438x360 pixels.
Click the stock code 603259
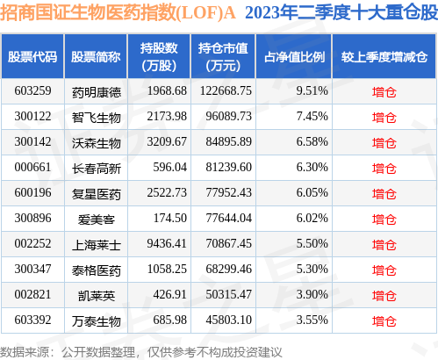[32, 90]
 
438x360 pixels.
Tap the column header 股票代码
[32, 57]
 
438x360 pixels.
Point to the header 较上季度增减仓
[384, 57]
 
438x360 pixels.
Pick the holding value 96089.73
[226, 116]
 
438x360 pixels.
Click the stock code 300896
[32, 216]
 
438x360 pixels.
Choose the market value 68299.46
[226, 267]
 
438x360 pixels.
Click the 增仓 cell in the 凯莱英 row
[384, 292]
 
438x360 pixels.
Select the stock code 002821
[32, 292]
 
